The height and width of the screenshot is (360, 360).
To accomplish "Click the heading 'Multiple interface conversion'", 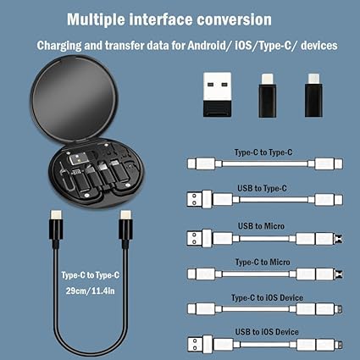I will pos(169,19).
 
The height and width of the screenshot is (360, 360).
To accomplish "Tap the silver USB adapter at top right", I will pos(218,94).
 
